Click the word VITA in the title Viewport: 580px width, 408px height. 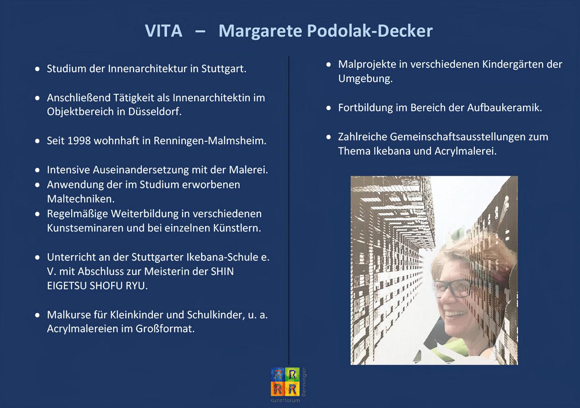click(164, 31)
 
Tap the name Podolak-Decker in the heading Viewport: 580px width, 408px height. click(370, 31)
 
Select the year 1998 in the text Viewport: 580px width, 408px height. click(79, 141)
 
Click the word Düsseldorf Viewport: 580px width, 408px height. click(155, 112)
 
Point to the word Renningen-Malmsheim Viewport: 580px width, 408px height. click(210, 141)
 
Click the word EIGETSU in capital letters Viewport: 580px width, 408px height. click(66, 286)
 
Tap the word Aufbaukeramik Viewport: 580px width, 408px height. click(505, 107)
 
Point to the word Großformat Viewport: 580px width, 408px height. click(165, 329)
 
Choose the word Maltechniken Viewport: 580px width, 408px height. click(81, 199)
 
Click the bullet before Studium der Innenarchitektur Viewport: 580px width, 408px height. click(37, 69)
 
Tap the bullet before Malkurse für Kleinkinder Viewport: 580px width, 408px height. click(37, 315)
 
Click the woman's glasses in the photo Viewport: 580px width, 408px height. click(453, 288)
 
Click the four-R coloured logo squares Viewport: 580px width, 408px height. click(285, 381)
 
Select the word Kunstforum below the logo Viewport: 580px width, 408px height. click(285, 400)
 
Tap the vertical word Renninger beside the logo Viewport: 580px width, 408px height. click(304, 382)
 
